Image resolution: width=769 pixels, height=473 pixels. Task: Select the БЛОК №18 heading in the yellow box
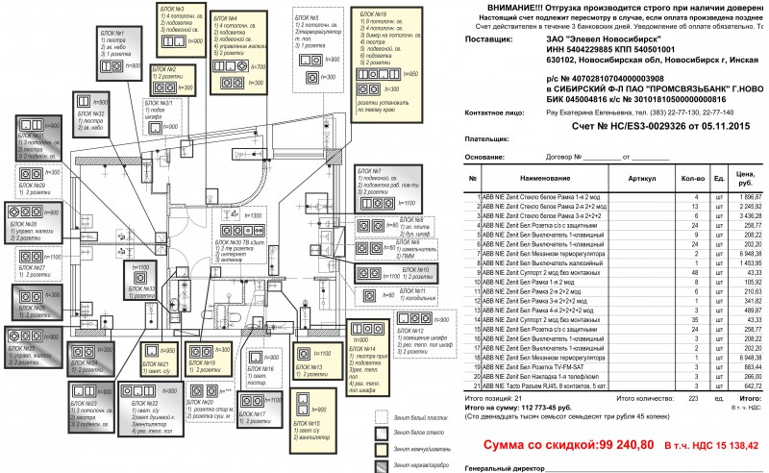(372, 14)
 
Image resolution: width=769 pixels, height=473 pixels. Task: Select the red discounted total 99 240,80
(601, 444)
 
